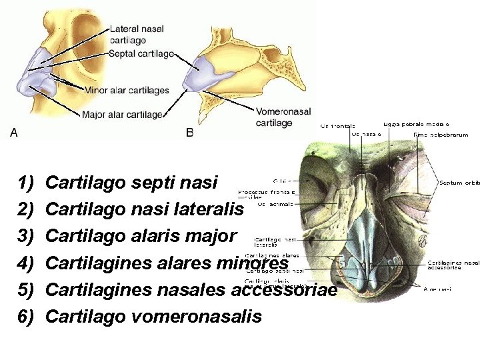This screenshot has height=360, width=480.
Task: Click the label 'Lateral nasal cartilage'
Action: coord(137,35)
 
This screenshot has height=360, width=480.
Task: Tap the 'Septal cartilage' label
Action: coord(141,53)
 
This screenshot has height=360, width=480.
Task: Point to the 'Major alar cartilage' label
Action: coord(123,115)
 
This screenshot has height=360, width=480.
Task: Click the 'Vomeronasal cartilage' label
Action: coord(283,118)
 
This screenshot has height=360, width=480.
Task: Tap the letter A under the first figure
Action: coord(14,133)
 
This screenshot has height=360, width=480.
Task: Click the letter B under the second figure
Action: coord(190,133)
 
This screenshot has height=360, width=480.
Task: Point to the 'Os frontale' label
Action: coord(338,125)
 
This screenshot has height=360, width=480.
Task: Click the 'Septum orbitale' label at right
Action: coord(459,182)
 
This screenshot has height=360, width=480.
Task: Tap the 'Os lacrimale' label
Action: coord(275,204)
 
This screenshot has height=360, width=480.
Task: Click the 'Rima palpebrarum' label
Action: coord(441,135)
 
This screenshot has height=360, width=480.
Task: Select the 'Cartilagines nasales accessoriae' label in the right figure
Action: coord(453,265)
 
